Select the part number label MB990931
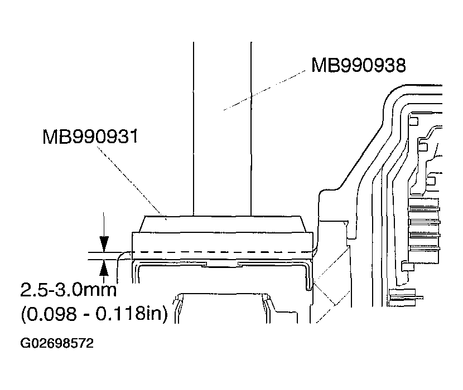tap(90, 136)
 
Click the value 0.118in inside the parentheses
tap(131, 314)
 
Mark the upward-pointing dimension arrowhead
tap(104, 269)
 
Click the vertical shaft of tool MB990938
tap(222, 128)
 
